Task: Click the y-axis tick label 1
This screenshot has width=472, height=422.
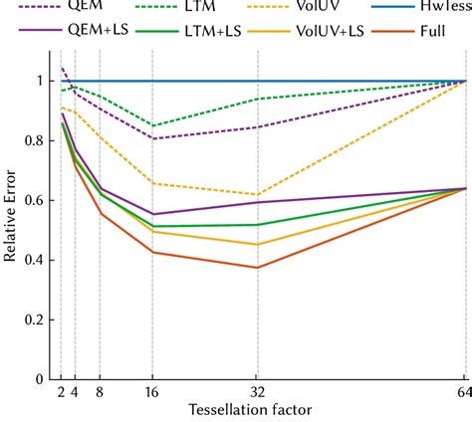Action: pos(40,81)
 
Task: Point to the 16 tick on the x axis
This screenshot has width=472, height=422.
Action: pos(152,394)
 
